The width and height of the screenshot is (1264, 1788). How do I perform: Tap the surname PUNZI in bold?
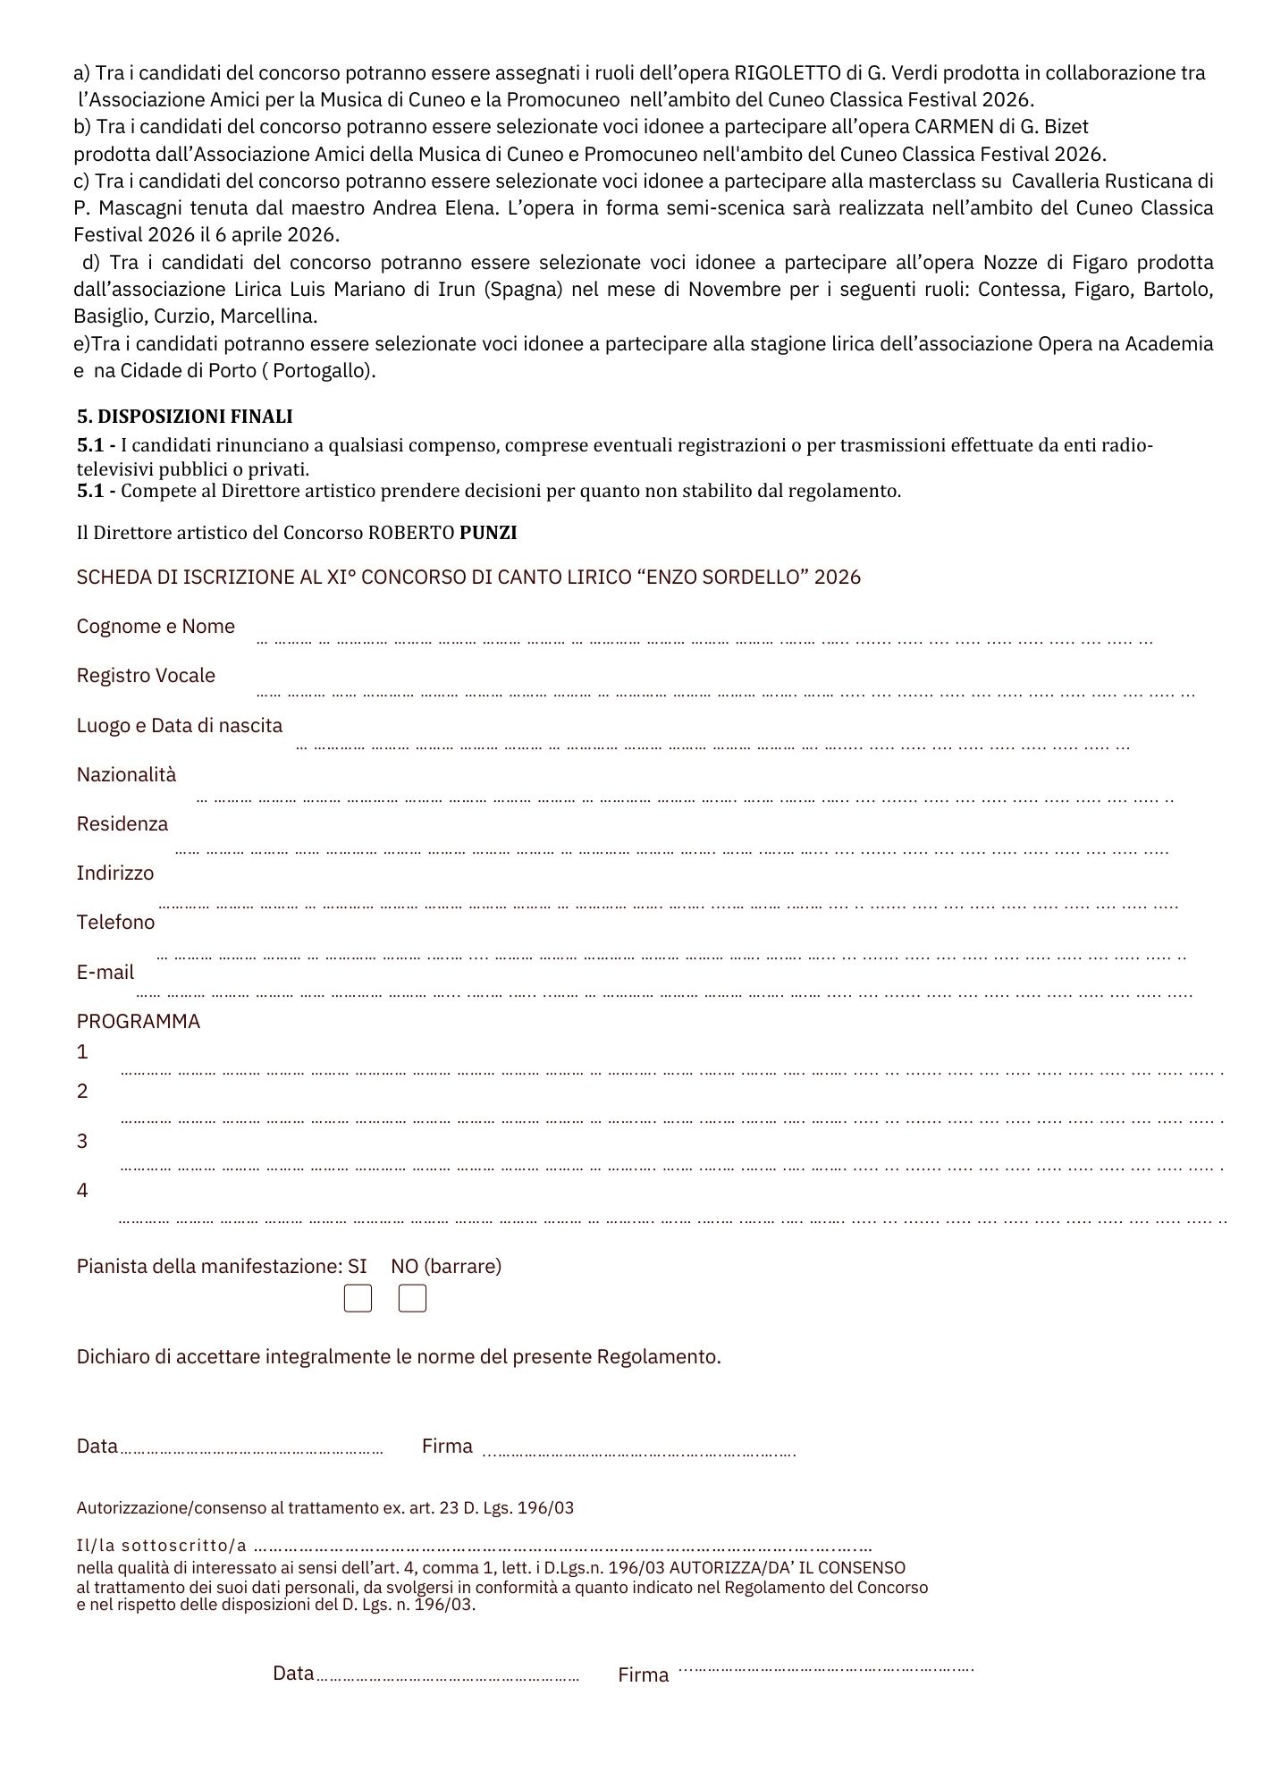[488, 533]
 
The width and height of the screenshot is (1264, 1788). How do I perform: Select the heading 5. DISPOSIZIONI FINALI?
[185, 417]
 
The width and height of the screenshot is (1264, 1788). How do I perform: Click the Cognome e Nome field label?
[156, 627]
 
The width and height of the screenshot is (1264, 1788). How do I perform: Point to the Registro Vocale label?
[146, 676]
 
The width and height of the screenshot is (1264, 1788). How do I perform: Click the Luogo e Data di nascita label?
[180, 726]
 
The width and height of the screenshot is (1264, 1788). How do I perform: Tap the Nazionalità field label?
[127, 775]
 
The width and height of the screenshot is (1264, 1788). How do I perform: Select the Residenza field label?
[122, 824]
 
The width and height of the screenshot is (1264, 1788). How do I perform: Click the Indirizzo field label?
[115, 873]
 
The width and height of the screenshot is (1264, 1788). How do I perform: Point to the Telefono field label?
[115, 923]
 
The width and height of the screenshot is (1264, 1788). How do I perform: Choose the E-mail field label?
[105, 973]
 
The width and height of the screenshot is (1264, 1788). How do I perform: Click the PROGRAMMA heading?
[139, 1022]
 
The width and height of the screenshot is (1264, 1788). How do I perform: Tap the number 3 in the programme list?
[82, 1142]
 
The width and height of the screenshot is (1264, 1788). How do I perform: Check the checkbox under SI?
[358, 1299]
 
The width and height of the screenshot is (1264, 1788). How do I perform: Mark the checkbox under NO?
[412, 1299]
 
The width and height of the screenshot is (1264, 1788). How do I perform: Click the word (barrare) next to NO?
[462, 1267]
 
